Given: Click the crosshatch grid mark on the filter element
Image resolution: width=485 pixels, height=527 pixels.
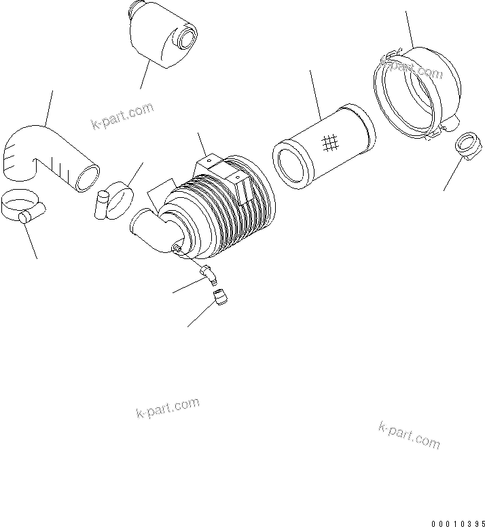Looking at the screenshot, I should [x=331, y=141].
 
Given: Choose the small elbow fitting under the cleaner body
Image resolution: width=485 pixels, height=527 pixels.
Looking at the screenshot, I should [x=209, y=273].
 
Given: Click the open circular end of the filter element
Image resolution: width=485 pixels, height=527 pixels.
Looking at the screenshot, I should [x=291, y=164].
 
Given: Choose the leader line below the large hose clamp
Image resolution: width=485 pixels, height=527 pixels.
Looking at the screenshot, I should [x=31, y=241].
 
